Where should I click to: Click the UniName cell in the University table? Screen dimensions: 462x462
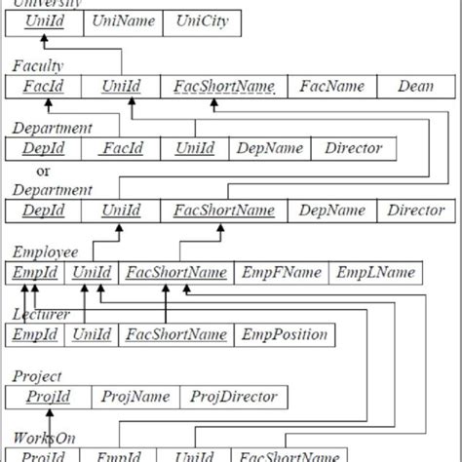[x=123, y=21]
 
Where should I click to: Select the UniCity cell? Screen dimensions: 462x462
[x=202, y=21]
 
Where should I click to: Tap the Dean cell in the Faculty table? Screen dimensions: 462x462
[x=416, y=86]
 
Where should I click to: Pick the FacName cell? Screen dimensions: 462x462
[x=331, y=86]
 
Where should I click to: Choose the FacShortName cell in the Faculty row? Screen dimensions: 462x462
[x=224, y=86]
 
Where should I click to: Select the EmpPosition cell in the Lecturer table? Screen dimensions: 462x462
[x=283, y=334]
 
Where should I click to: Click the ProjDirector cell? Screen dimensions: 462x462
[x=234, y=397]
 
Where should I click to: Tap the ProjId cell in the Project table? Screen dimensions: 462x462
[x=48, y=397]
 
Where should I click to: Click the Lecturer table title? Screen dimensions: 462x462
[x=42, y=314]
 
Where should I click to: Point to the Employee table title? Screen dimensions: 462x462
[x=45, y=251]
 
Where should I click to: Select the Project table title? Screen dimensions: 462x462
[x=37, y=375]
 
